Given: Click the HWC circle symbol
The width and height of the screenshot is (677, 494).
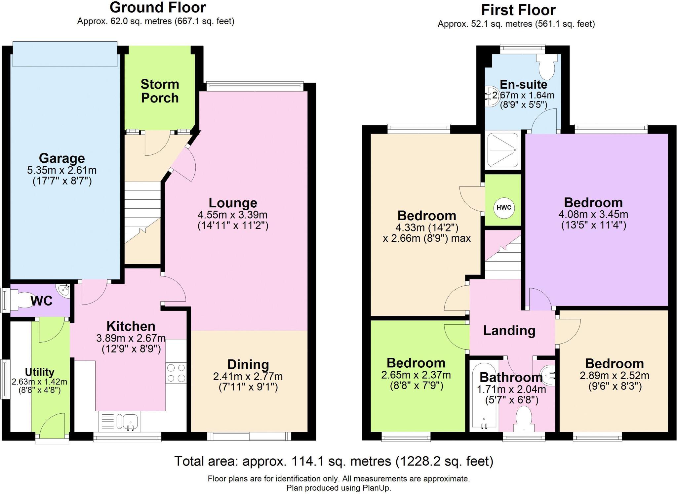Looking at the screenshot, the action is tap(504, 208).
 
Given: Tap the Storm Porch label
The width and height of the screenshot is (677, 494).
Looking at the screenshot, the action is tap(160, 91).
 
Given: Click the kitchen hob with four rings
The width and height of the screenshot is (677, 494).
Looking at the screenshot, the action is tap(176, 373).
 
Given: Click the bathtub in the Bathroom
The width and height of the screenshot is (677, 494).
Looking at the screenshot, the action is tap(484, 396).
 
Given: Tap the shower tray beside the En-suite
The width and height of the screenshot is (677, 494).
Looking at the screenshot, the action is tap(502, 151).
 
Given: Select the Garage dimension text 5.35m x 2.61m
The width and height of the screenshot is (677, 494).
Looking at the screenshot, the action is tap(62, 171).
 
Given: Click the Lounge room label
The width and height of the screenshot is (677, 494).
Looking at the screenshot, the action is tap(233, 203).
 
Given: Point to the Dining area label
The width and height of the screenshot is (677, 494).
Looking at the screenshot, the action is tap(248, 364).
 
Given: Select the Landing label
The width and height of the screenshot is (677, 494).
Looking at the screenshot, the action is tap(509, 331).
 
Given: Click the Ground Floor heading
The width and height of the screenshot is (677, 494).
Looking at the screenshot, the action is tap(158, 7).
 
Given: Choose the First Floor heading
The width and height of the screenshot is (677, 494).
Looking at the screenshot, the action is tap(518, 10).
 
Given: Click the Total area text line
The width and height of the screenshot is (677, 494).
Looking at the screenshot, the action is tap(334, 461).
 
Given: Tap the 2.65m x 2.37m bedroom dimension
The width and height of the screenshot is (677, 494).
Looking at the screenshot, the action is tap(416, 375).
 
